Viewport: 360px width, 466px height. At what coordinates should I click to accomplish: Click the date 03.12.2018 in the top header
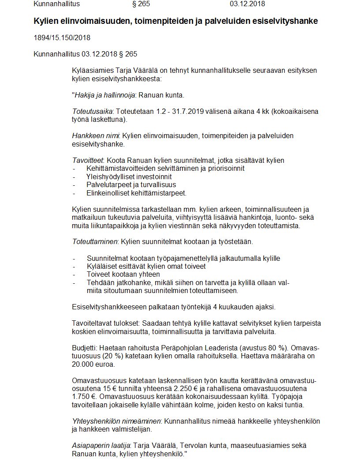[247, 4]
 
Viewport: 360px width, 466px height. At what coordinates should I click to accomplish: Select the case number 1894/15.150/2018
[62, 38]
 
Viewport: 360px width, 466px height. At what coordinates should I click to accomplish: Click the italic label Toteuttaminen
[94, 242]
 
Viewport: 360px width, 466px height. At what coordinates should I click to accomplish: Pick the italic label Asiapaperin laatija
[101, 445]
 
